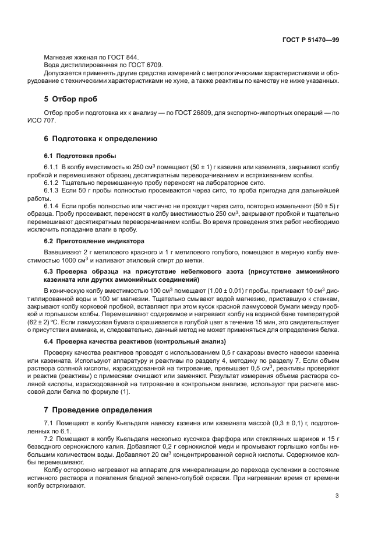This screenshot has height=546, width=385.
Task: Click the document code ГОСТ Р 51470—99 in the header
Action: [x=310, y=40]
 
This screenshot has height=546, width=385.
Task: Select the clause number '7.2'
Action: [x=49, y=437]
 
